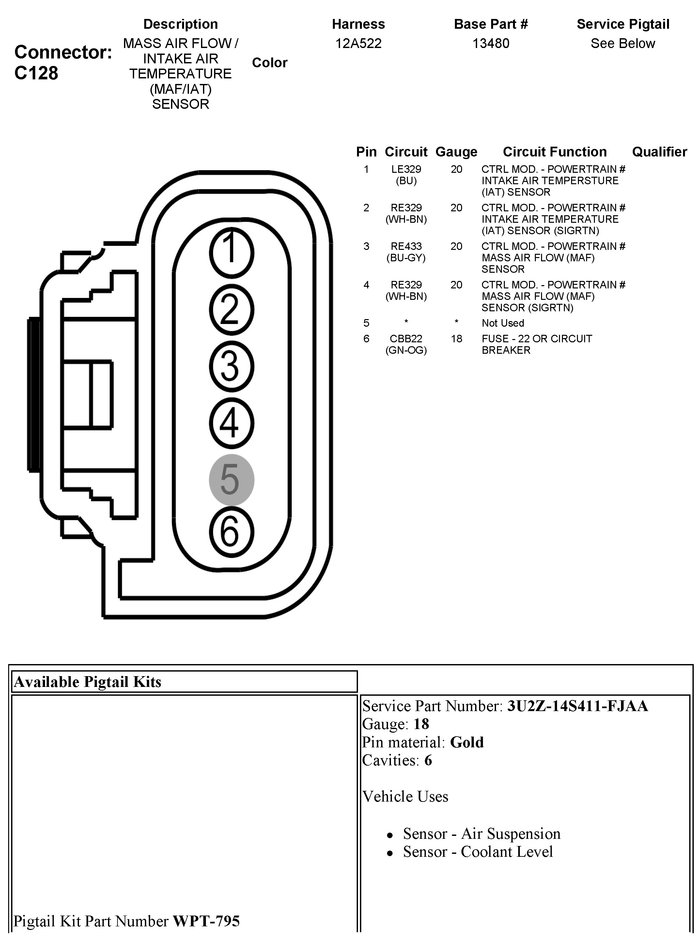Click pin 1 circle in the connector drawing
pyautogui.click(x=231, y=253)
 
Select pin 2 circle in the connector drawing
pyautogui.click(x=231, y=310)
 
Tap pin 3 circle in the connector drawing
pyautogui.click(x=231, y=366)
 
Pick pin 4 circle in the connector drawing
pyautogui.click(x=231, y=423)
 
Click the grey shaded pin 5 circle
pyautogui.click(x=231, y=480)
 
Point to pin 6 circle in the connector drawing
pyautogui.click(x=231, y=532)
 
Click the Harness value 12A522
pyautogui.click(x=358, y=43)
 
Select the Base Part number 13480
pyautogui.click(x=490, y=43)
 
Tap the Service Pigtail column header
pyautogui.click(x=623, y=24)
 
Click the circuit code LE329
pyautogui.click(x=406, y=170)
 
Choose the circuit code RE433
pyautogui.click(x=406, y=246)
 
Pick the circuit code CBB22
pyautogui.click(x=406, y=339)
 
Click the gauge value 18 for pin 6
pyautogui.click(x=456, y=339)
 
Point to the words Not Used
pyautogui.click(x=503, y=323)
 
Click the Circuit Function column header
pyautogui.click(x=554, y=152)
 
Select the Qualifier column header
pyautogui.click(x=659, y=152)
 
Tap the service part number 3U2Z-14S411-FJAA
pyautogui.click(x=578, y=706)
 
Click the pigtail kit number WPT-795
pyautogui.click(x=207, y=921)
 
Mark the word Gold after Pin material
pyautogui.click(x=467, y=742)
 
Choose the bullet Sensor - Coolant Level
pyautogui.click(x=478, y=852)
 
